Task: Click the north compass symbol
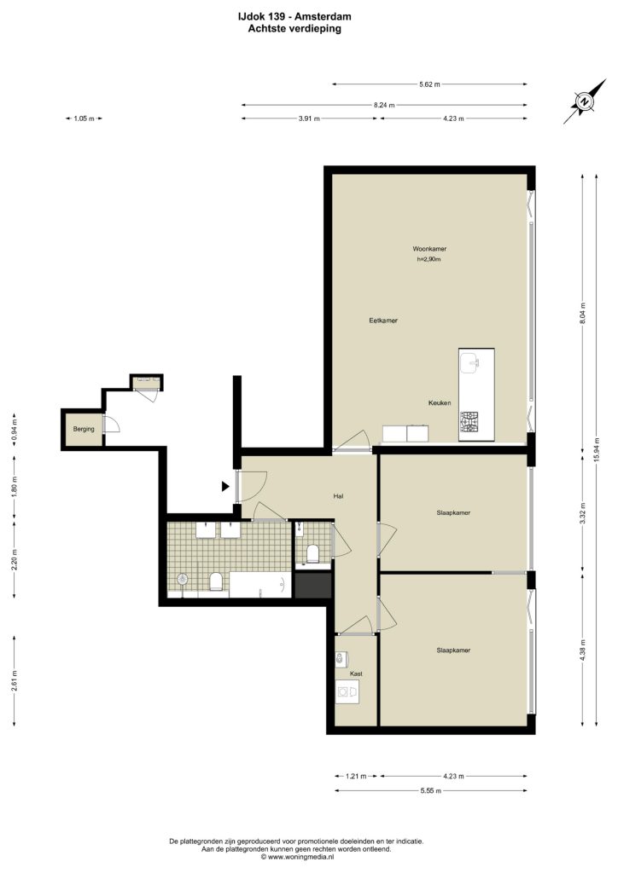click(585, 102)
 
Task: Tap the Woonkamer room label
click(429, 249)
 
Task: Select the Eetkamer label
click(383, 321)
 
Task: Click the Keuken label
click(440, 402)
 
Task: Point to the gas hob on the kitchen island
click(469, 423)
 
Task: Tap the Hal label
click(338, 495)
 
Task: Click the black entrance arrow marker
click(225, 487)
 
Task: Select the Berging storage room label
click(84, 430)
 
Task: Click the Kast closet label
click(356, 674)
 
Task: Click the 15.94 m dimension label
click(597, 449)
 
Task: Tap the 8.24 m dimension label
click(384, 105)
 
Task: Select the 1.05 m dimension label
click(85, 119)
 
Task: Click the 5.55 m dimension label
click(431, 790)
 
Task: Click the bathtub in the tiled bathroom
click(260, 585)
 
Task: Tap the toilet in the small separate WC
click(312, 553)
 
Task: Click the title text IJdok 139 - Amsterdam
click(294, 17)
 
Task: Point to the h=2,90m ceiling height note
click(429, 259)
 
